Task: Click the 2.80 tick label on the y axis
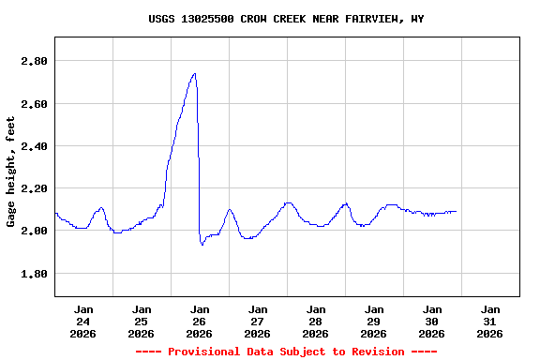tap(34, 61)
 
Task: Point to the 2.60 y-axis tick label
tap(34, 103)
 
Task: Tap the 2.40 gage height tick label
tap(34, 146)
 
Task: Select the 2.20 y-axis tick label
tap(34, 188)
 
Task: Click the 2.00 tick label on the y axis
tap(34, 231)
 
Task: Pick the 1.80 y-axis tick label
tap(34, 274)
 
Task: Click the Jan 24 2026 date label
tap(83, 321)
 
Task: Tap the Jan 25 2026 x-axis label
tap(142, 321)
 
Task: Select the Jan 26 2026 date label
tap(200, 321)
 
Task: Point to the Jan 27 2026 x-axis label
tap(258, 321)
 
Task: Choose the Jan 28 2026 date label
tap(316, 321)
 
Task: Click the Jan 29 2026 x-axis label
tap(374, 321)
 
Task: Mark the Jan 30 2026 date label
tap(432, 321)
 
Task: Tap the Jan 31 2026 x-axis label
tap(490, 321)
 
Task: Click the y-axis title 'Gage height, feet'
tap(11, 172)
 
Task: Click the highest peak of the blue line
tap(194, 73)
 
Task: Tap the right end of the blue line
tap(457, 211)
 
